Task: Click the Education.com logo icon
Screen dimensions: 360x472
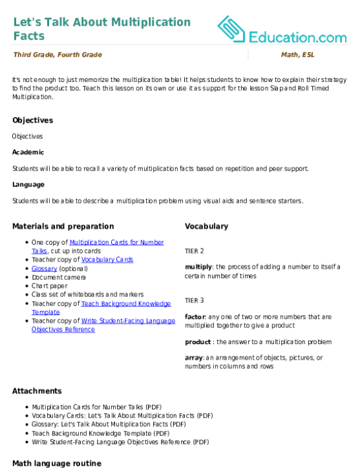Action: [x=231, y=29]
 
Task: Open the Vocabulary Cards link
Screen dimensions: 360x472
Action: [x=107, y=260]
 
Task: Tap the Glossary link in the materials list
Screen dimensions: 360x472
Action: [x=45, y=269]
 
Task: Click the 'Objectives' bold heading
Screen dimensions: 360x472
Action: [x=32, y=120]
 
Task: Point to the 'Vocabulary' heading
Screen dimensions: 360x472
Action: [x=207, y=227]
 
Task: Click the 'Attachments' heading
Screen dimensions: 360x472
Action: [x=37, y=391]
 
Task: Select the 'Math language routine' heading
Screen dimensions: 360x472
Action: [x=57, y=464]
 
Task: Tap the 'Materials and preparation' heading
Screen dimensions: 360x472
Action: [x=63, y=227]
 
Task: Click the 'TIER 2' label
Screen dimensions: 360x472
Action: [x=195, y=251]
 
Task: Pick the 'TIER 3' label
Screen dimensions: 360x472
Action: [x=195, y=300]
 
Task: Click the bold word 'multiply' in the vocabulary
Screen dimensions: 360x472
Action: [x=198, y=267]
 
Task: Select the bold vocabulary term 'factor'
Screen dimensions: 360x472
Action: [x=196, y=316]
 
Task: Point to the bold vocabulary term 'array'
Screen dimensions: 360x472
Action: [x=194, y=358]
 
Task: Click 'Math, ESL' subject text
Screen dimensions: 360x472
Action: [x=298, y=55]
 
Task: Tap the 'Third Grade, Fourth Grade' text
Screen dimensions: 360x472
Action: [x=58, y=55]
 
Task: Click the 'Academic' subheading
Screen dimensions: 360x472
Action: [x=28, y=152]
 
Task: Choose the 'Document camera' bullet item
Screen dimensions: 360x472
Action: [x=59, y=277]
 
